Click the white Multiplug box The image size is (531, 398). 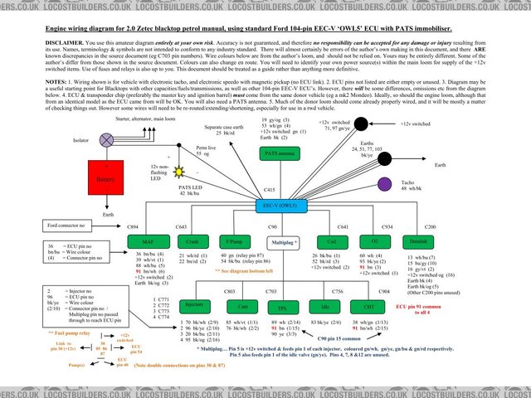tap(285, 241)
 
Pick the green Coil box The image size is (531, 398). tap(332, 241)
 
